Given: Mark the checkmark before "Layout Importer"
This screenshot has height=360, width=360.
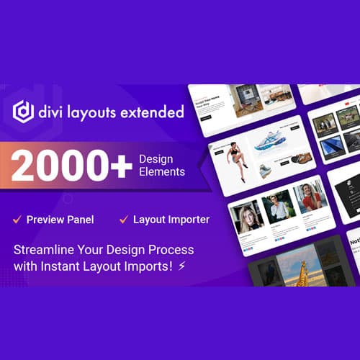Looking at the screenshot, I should click(124, 219).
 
